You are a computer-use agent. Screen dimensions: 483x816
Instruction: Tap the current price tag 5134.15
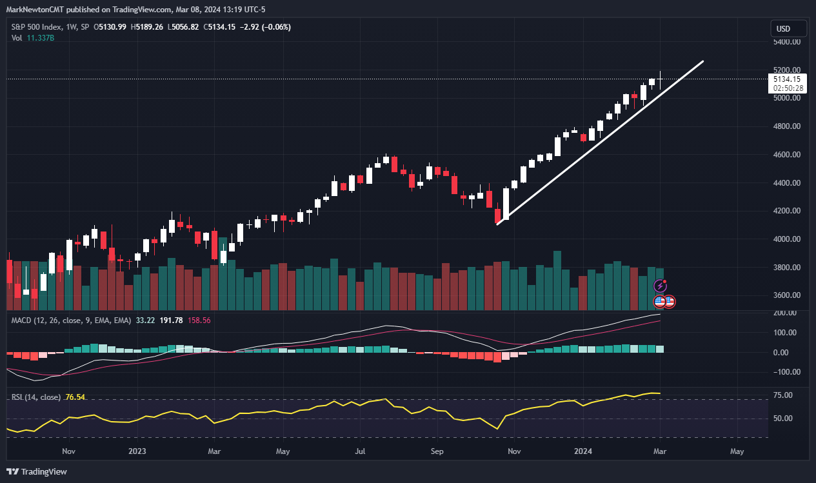pos(786,79)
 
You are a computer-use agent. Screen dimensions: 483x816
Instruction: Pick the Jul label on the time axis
pos(361,452)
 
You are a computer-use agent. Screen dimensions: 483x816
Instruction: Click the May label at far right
pos(737,452)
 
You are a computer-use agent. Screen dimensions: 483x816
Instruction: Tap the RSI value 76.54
pos(75,397)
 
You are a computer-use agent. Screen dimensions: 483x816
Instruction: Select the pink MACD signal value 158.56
pos(199,320)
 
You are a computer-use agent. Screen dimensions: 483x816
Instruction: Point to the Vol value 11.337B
pos(40,38)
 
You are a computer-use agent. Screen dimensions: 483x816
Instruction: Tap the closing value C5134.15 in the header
pos(221,27)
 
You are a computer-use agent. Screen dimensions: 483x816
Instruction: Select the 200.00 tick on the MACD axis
pos(786,313)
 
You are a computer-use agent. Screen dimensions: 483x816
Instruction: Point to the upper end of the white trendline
pos(702,61)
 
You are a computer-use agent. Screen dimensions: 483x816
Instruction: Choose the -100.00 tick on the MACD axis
pos(784,372)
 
